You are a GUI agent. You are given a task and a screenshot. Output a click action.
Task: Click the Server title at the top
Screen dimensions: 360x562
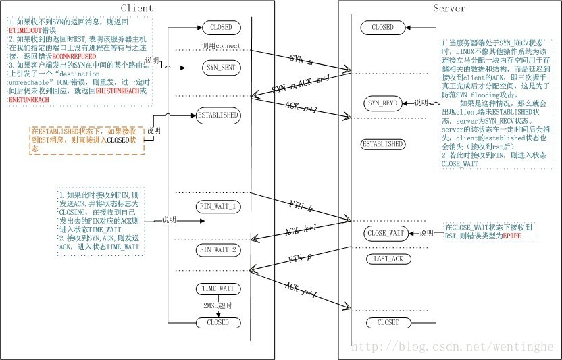click(449, 8)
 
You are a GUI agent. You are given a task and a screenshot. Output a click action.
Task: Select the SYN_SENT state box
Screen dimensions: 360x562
click(218, 68)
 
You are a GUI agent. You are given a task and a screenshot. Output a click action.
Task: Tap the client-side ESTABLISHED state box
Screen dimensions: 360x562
click(218, 115)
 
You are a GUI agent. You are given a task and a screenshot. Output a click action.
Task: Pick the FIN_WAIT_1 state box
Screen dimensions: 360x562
click(218, 205)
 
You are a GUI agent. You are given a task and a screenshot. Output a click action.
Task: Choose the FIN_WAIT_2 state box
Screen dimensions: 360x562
click(218, 251)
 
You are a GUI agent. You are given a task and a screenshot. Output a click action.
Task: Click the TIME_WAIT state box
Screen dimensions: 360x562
click(218, 288)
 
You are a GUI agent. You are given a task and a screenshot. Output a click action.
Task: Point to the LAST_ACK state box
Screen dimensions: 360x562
click(388, 259)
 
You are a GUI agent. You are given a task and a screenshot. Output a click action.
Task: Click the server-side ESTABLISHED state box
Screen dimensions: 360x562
click(383, 144)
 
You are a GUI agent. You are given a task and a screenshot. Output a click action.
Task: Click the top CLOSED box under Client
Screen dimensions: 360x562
click(218, 28)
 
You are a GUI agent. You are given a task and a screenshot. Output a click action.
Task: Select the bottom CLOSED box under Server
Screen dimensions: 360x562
click(388, 322)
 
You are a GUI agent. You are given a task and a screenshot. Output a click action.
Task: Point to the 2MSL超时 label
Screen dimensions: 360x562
click(218, 306)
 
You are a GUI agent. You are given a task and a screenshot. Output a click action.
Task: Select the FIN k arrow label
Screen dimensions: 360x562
click(301, 207)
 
